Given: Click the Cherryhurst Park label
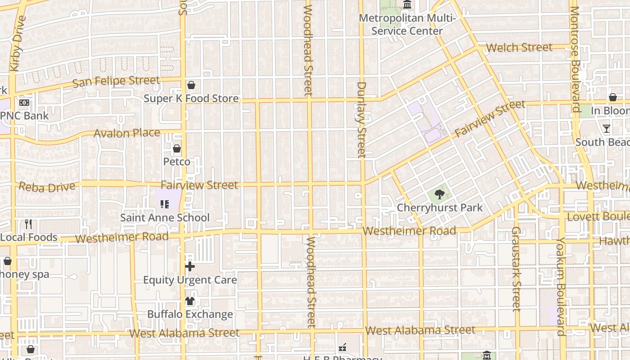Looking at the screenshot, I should pos(440,208).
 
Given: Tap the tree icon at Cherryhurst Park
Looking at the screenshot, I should pos(440,195).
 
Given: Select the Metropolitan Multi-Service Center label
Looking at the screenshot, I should pos(407,25).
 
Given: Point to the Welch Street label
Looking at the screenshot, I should pos(519,47).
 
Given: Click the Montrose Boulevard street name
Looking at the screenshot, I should pos(575,58).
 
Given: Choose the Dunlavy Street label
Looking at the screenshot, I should pos(362,120).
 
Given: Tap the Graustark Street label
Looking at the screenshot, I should pos(516,269).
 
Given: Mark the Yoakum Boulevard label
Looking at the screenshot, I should pos(561,287).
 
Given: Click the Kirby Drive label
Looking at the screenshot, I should pos(16,43).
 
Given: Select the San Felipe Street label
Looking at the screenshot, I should pos(116,81).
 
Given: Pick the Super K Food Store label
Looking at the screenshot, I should pos(191,99).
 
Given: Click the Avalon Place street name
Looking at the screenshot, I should pos(127,133).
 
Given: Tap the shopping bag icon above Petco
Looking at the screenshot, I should pos(177,148).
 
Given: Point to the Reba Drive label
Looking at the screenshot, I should pos(47,187).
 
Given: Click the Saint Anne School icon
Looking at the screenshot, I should pos(164,204).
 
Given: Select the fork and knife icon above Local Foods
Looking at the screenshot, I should pos(28,224).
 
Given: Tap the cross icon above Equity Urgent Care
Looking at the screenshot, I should pos(190,266).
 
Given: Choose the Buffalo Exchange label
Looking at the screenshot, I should pos(190,314).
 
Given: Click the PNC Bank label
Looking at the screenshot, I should pos(25,116).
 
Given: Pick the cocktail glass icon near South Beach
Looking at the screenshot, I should pos(607,129).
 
